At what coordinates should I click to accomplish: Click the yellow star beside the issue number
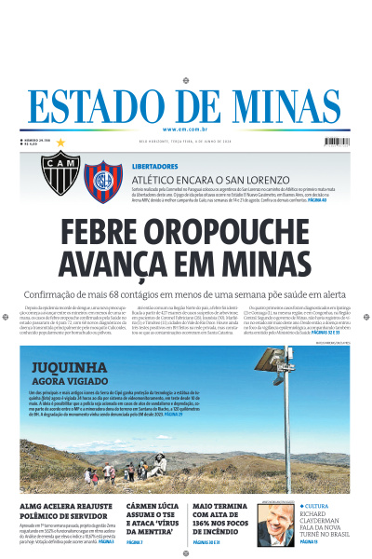pyautogui.click(x=61, y=143)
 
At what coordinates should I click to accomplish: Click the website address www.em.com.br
pyautogui.click(x=186, y=129)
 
